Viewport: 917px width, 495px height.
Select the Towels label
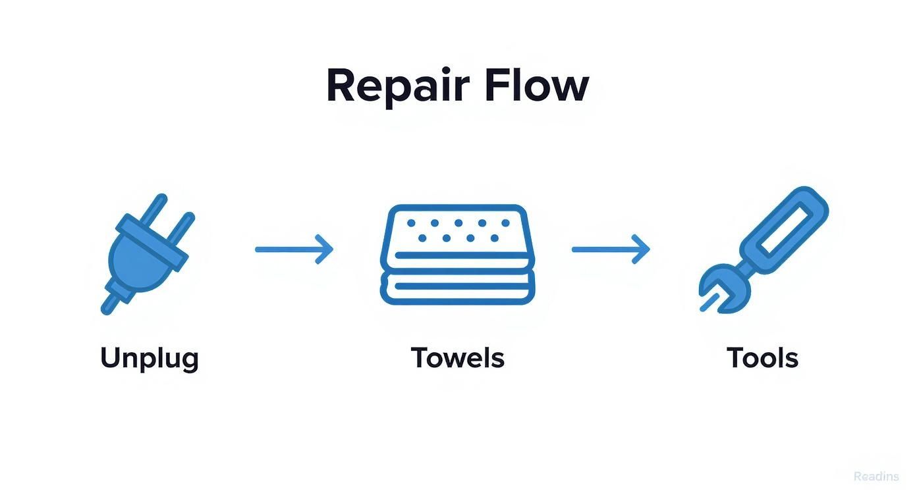[x=458, y=358]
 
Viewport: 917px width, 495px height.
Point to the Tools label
[x=762, y=358]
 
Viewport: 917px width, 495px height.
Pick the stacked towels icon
[x=458, y=254]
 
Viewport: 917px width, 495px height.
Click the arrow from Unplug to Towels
[x=294, y=249]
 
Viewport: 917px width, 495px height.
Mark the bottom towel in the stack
[x=458, y=290]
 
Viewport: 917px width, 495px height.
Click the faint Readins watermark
[x=875, y=477]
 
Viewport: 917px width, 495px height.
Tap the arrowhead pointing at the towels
[x=325, y=249]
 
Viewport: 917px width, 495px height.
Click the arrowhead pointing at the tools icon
[x=642, y=249]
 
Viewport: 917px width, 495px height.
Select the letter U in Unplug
[x=111, y=357]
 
